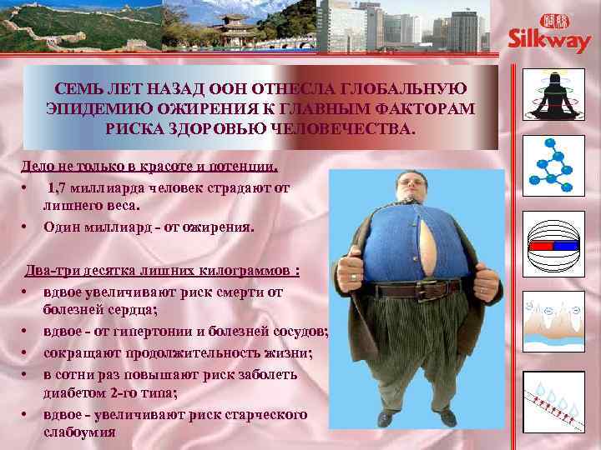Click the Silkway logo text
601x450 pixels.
point(551,42)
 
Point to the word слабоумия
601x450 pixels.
point(79,433)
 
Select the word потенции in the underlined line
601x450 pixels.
point(247,166)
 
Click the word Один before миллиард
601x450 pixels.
point(61,227)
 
